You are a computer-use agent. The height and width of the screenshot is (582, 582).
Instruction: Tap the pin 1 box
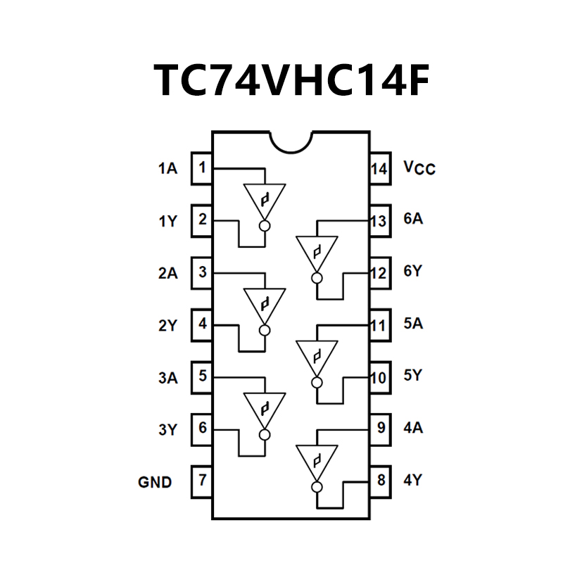click(202, 169)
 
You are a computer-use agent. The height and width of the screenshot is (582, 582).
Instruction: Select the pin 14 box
click(379, 169)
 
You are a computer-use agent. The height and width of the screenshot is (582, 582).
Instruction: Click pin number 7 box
click(202, 481)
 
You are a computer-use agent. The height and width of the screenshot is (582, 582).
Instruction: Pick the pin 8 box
click(380, 481)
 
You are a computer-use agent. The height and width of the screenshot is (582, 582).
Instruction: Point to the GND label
click(155, 483)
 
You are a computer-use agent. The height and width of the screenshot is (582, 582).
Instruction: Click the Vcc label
click(419, 168)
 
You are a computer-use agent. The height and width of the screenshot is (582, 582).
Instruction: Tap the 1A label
click(167, 169)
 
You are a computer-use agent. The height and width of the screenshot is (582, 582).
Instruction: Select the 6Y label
click(413, 272)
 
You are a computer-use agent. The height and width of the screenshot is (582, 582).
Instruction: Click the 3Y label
click(167, 429)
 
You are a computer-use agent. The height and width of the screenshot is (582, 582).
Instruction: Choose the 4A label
click(413, 428)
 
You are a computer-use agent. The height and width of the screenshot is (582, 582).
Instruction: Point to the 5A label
click(413, 324)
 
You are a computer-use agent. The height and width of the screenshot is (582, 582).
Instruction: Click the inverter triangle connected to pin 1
click(265, 198)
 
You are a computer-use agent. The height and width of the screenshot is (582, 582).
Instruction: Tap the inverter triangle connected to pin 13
click(317, 251)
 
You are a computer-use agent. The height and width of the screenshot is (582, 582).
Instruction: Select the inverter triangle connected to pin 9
click(317, 459)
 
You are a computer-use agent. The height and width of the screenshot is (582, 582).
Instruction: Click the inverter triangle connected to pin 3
click(265, 303)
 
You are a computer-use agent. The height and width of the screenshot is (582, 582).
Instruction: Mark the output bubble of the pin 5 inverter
click(265, 434)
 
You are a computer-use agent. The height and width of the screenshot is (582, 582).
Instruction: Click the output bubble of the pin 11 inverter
click(317, 382)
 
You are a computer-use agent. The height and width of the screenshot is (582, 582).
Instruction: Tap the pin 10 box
click(380, 377)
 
